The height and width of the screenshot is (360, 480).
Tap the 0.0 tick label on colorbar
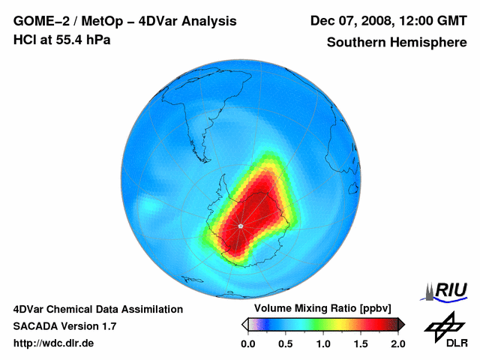[247, 343]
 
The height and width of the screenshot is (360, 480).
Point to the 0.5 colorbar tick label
[285, 343]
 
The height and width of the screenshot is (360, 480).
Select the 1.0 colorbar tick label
[322, 343]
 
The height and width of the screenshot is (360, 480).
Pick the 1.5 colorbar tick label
[360, 343]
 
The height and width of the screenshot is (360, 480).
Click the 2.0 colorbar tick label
[397, 343]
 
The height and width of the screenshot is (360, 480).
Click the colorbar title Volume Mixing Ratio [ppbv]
[319, 309]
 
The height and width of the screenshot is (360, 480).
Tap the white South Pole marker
[240, 226]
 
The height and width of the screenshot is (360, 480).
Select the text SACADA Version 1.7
[64, 326]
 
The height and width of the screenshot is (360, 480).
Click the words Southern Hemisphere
[397, 42]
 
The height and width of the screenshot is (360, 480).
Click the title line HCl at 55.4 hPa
[62, 39]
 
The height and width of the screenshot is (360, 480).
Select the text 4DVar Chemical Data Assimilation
[98, 309]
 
